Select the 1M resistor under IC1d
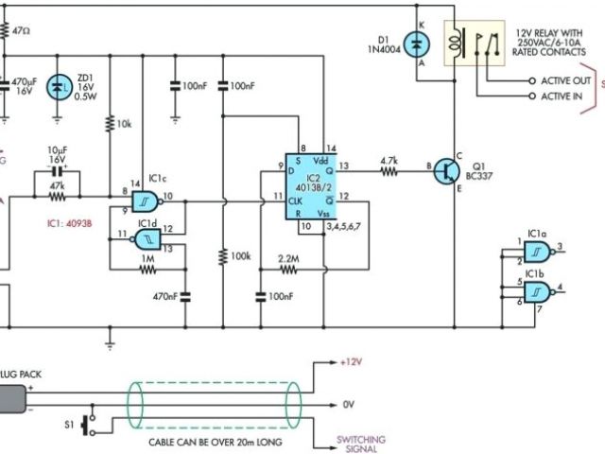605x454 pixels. click(147, 270)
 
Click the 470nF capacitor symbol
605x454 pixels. click(185, 296)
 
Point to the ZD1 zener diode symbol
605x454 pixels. click(60, 88)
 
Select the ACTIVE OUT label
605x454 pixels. click(564, 81)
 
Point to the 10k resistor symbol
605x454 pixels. click(111, 122)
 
